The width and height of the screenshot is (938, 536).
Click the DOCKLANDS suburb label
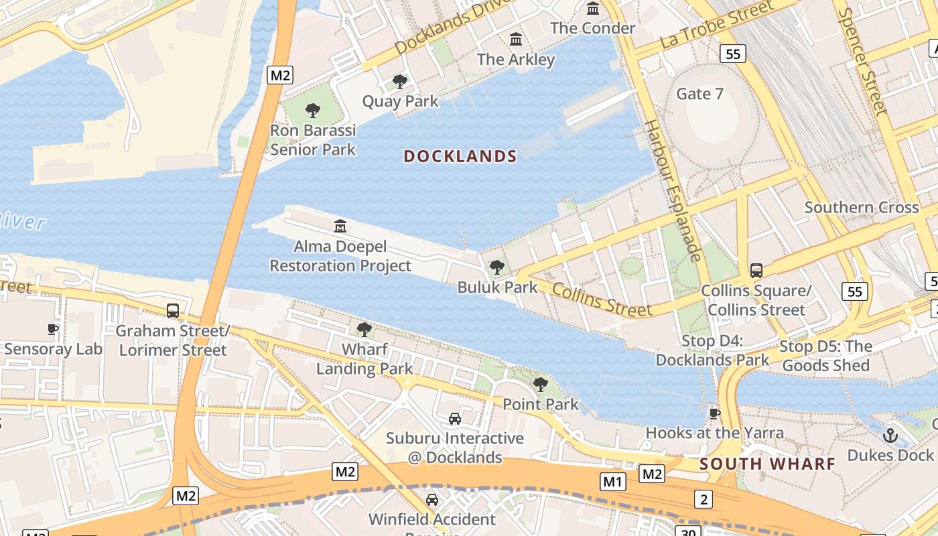coord(460,157)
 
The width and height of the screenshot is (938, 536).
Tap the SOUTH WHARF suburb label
coord(767,464)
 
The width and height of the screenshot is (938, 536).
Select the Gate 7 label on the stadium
coord(699,94)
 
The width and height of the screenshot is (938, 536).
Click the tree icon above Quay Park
coord(400,82)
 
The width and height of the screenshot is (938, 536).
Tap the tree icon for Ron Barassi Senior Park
coord(312,111)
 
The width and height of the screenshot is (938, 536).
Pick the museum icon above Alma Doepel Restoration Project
coord(340,227)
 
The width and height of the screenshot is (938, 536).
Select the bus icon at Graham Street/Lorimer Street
coord(173,311)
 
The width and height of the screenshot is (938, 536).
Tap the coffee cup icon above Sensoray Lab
coord(53,329)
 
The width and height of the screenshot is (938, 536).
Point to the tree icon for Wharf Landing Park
coord(364,330)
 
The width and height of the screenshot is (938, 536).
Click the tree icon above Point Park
coord(540,385)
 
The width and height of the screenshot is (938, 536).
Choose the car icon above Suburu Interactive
coord(455,419)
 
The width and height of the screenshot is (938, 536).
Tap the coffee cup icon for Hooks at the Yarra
coord(715,413)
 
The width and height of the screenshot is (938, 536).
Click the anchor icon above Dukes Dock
coord(890,435)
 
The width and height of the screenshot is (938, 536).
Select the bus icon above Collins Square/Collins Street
coord(756,271)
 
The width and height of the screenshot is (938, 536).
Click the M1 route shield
coord(612,481)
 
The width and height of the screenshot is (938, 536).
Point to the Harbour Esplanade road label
coord(672,190)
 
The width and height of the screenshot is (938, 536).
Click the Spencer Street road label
coord(872,60)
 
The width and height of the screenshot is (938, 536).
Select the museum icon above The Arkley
coord(516,40)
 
